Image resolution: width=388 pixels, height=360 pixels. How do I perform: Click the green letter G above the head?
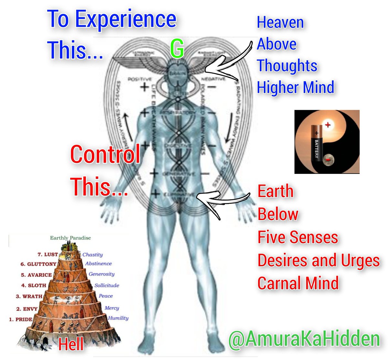point(177,49)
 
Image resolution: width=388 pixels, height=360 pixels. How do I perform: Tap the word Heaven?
point(280,23)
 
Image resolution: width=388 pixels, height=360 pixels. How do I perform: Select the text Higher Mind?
point(295,87)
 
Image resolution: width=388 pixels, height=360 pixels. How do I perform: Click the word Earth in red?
point(275,191)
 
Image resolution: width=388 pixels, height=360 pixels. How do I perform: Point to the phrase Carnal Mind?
point(298,283)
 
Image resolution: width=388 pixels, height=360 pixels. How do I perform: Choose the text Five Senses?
point(297,237)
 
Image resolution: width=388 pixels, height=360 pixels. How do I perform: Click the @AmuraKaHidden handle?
point(304,339)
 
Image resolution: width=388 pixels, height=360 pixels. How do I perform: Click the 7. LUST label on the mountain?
point(48,255)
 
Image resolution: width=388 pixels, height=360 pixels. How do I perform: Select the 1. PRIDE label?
point(20,320)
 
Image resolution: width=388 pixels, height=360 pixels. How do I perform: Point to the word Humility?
point(118,318)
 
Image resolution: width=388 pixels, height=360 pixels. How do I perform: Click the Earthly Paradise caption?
point(70,238)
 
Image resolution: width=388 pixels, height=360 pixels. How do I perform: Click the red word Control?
point(105,154)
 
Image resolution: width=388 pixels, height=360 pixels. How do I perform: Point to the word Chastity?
point(92,255)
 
